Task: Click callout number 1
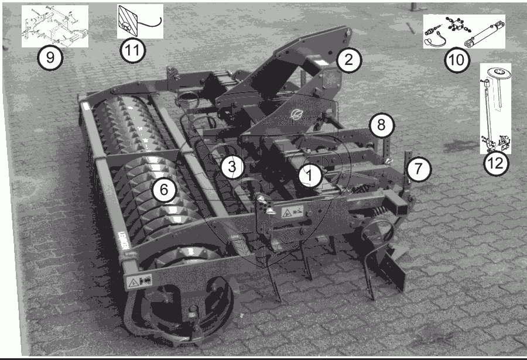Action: [x=310, y=175]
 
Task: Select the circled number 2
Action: [x=349, y=60]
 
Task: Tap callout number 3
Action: [x=232, y=166]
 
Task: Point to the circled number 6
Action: [x=164, y=190]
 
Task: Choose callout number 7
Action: [x=419, y=169]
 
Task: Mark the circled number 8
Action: [x=381, y=125]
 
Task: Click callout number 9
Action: [x=50, y=58]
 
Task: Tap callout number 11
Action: [x=132, y=50]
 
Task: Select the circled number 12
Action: [x=496, y=164]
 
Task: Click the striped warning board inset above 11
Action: [x=127, y=21]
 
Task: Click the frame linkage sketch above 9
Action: [x=55, y=26]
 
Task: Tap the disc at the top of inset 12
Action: [x=498, y=72]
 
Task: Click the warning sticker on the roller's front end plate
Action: [x=139, y=281]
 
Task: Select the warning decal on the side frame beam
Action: [x=292, y=212]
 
